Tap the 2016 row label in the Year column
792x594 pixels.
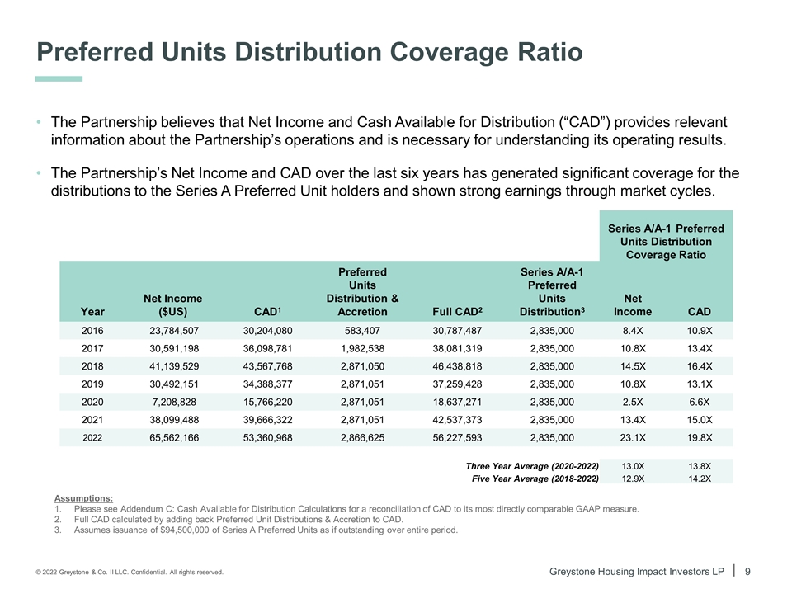point(93,330)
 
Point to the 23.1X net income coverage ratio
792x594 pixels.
point(633,438)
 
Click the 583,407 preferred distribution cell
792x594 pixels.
point(363,330)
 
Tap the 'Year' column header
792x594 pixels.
point(93,312)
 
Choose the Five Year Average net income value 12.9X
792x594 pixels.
point(633,478)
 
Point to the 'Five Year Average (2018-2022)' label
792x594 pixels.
point(535,478)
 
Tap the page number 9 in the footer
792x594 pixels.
point(747,571)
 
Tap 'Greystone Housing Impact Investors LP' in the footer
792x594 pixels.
point(642,571)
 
